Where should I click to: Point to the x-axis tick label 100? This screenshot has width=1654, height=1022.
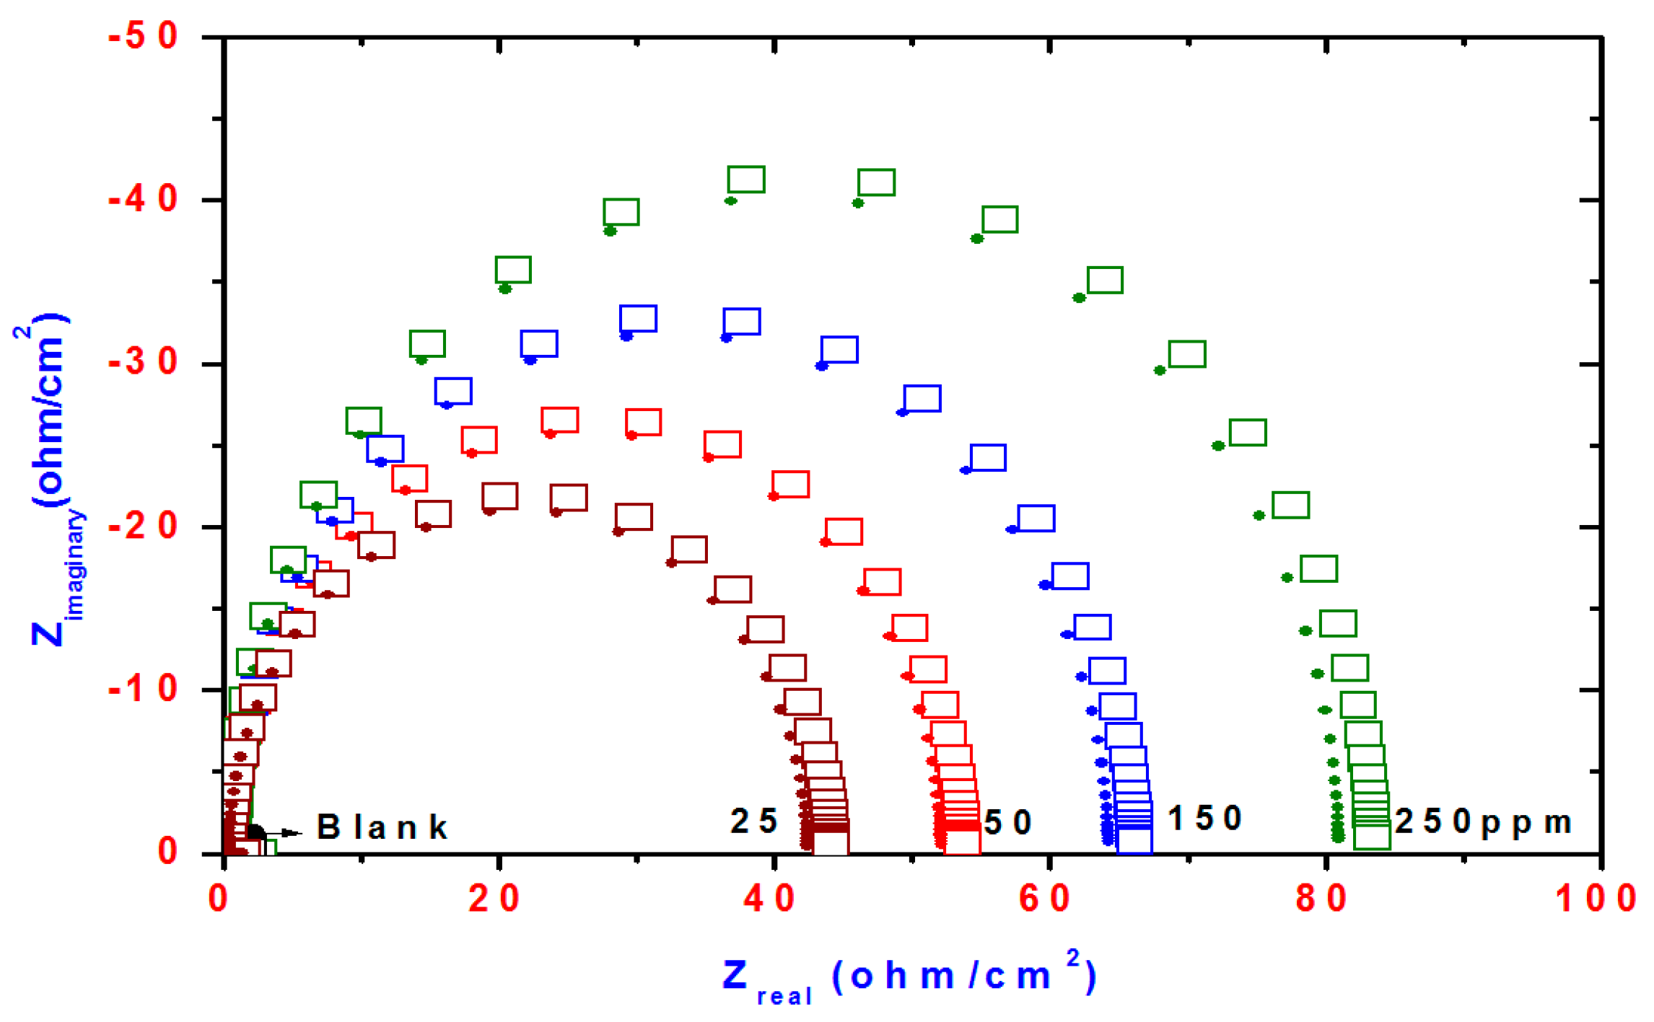tap(1596, 899)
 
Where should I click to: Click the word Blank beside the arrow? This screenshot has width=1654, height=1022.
tap(382, 827)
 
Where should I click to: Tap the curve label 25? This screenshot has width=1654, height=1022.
tap(754, 821)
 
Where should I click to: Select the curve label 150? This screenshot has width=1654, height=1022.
tap(1204, 819)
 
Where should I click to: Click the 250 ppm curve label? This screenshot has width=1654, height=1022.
tap(1483, 822)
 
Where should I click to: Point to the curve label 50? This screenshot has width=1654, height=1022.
tap(1008, 823)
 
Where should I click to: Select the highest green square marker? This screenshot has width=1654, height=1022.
tap(746, 180)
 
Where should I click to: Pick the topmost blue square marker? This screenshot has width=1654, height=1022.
tap(639, 319)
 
